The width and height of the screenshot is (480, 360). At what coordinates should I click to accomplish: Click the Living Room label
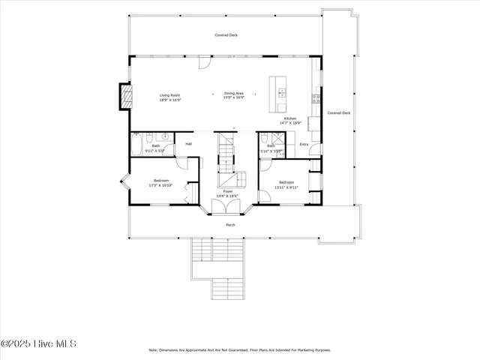pos(169,95)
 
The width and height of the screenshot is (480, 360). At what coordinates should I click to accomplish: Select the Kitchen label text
pos(289,118)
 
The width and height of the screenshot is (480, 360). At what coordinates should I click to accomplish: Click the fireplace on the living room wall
pos(126,94)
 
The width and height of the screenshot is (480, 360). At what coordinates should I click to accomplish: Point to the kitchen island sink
pos(282,93)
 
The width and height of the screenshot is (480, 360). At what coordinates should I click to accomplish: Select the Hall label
pos(189,143)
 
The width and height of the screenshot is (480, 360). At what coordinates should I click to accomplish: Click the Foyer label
pos(227,192)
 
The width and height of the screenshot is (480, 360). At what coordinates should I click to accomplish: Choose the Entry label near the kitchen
pos(304,144)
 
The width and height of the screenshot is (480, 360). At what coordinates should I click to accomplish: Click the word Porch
pos(230,224)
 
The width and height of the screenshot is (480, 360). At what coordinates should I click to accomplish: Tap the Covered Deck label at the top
pos(226,35)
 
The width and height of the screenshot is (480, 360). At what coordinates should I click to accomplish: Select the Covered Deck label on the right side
pos(338,112)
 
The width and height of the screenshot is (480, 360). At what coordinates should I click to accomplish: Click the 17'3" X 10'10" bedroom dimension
pos(161,185)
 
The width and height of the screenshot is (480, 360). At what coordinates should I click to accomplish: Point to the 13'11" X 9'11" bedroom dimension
pos(286,186)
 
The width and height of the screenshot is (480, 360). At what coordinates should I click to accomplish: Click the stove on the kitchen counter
pos(316,98)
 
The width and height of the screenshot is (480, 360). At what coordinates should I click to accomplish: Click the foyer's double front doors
pos(228,208)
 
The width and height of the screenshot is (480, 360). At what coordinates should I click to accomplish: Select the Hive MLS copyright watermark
pos(39,344)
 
